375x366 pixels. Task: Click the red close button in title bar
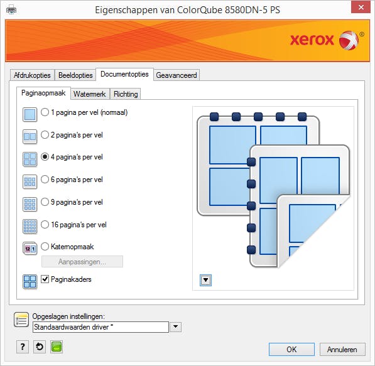tap(361, 8)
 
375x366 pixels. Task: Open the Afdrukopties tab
tap(32, 75)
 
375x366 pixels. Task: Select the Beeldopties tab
tap(75, 75)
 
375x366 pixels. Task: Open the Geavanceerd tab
tap(177, 75)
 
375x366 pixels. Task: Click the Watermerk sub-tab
tap(90, 94)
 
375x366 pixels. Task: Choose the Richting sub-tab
tap(126, 94)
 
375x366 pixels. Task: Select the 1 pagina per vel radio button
tap(45, 112)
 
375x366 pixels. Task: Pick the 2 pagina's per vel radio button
tap(45, 135)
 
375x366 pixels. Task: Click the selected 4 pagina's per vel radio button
tap(45, 157)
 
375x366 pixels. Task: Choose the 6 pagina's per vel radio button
tap(45, 180)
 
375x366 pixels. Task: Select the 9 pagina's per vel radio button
tap(45, 202)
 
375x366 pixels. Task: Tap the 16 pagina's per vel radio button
tap(45, 225)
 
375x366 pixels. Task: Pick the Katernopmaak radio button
tap(45, 247)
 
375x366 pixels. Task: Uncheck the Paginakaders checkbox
tap(45, 279)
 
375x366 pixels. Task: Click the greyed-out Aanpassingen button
tap(82, 262)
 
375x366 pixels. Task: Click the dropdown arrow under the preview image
tap(205, 280)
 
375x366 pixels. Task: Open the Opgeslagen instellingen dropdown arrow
tap(175, 327)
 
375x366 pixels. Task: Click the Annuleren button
tap(342, 350)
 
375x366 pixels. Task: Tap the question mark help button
tap(23, 347)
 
